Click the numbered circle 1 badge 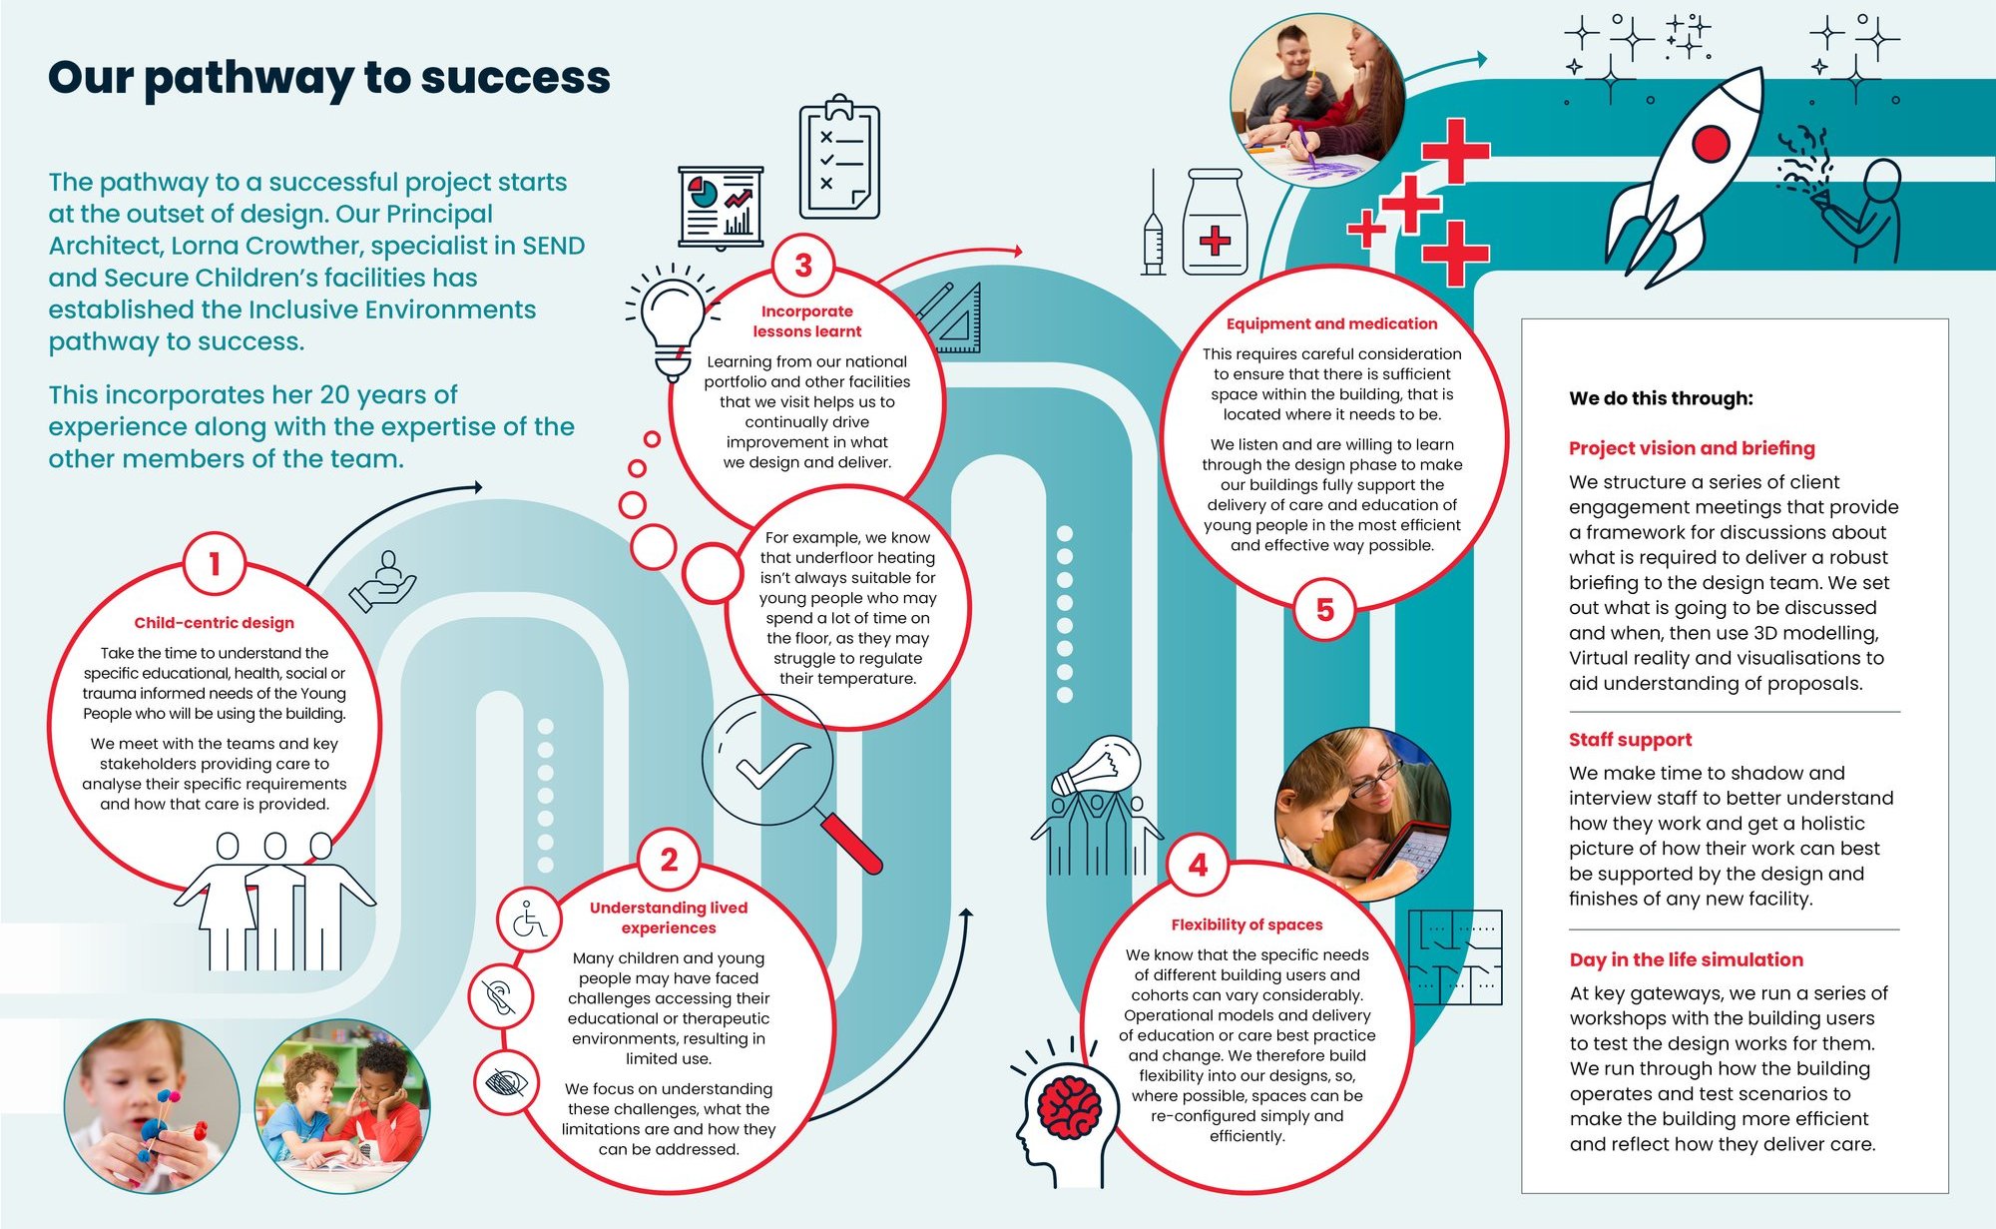click(x=214, y=565)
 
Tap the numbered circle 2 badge click(x=669, y=860)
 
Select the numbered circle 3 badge click(x=803, y=266)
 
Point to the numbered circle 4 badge click(x=1198, y=865)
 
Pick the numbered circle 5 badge click(x=1324, y=610)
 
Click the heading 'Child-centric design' click(x=214, y=623)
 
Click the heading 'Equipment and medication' click(x=1331, y=323)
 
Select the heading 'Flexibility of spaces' click(x=1247, y=924)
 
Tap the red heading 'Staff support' click(x=1630, y=740)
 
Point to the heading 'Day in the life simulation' click(x=1686, y=959)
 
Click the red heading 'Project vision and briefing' click(x=1692, y=448)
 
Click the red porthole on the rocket click(x=1711, y=144)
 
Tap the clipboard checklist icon click(x=839, y=160)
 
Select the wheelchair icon click(x=529, y=920)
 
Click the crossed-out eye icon click(x=507, y=1082)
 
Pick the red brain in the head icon click(x=1069, y=1108)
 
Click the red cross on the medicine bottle click(x=1215, y=241)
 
